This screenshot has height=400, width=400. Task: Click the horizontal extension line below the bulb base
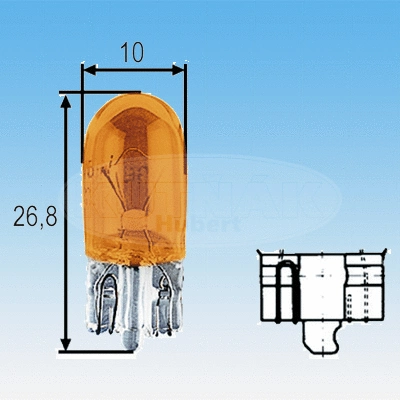coord(100,351)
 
